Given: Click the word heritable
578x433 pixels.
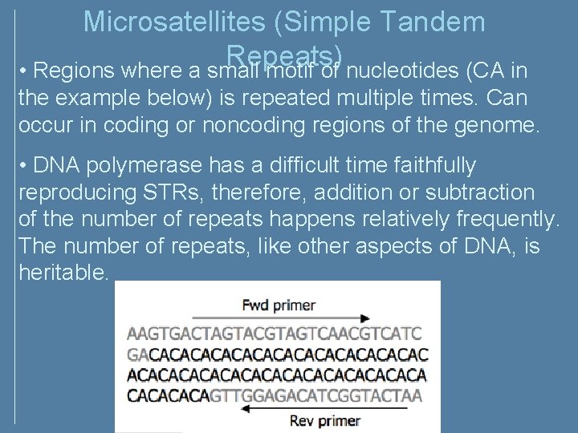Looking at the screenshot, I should coord(63,273).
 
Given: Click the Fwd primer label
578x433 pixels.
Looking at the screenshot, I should coord(279,305).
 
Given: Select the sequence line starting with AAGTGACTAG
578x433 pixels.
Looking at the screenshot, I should coord(274,333).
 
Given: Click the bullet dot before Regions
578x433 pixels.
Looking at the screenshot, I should coord(25,72).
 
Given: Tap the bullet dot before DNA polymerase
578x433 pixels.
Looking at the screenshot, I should coord(25,167).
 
